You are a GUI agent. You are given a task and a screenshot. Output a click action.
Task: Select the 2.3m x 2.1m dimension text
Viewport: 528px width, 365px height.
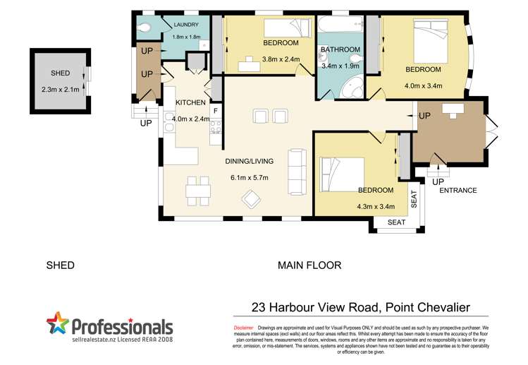(x=60, y=89)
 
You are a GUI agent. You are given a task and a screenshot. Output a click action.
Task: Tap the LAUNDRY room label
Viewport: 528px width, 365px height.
(x=186, y=25)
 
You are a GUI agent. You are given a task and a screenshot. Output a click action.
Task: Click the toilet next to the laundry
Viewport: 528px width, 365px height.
(x=145, y=28)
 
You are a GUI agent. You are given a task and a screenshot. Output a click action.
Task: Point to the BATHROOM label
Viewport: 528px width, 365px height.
(x=340, y=50)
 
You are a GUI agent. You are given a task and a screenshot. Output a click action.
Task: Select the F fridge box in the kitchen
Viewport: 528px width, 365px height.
(x=216, y=112)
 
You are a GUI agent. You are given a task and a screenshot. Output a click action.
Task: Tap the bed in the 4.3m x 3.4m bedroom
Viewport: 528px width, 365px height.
(x=340, y=173)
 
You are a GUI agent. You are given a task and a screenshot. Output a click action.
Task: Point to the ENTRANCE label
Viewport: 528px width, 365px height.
(x=458, y=191)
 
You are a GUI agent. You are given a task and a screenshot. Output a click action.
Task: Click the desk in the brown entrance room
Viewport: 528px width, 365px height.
(x=452, y=109)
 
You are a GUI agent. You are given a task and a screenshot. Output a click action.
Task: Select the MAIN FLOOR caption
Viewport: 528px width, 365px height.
(x=309, y=266)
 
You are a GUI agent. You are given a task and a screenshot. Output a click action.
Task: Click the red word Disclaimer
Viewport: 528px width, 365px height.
(x=244, y=328)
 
